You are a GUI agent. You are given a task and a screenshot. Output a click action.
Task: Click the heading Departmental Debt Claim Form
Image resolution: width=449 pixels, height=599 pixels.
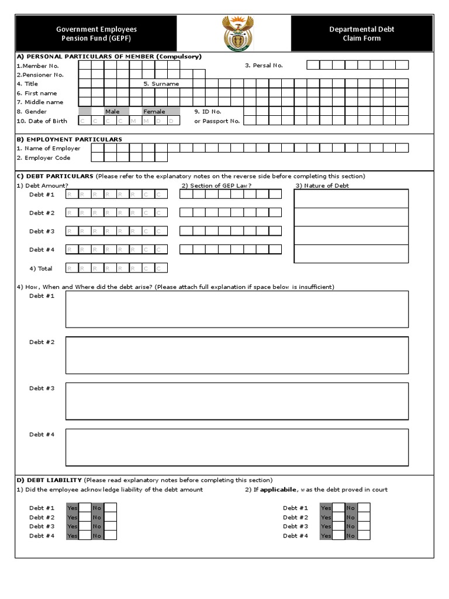tap(362, 33)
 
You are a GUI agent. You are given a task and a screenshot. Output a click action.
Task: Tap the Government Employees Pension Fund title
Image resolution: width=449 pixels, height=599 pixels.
tap(96, 33)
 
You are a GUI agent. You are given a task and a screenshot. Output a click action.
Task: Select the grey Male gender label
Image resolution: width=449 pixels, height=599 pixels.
tap(112, 112)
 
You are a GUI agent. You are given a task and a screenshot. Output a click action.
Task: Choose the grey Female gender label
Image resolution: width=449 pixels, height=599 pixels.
tap(154, 112)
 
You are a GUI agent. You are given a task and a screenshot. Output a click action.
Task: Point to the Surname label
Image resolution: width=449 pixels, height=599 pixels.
tap(161, 84)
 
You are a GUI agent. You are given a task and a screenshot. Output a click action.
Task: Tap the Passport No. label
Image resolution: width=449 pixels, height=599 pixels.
tap(217, 121)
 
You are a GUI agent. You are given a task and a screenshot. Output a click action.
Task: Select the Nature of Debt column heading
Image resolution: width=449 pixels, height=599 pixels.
tap(322, 185)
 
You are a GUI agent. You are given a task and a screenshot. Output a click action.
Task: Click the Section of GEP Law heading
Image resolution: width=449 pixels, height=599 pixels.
tap(216, 185)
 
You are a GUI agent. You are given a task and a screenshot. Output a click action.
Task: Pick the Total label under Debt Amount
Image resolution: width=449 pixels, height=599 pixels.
tap(41, 268)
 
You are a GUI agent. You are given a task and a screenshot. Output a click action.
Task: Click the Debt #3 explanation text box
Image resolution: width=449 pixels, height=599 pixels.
tap(237, 401)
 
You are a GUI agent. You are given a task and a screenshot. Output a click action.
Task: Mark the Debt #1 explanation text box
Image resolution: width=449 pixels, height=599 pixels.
tap(237, 309)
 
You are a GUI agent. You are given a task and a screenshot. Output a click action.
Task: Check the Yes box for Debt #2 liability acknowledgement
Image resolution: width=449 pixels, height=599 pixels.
tap(85, 517)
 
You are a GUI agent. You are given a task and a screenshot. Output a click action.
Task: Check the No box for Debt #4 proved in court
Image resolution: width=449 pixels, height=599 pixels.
tap(364, 536)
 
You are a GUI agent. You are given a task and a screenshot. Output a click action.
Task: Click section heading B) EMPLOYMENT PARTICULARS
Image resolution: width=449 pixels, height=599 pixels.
tap(70, 139)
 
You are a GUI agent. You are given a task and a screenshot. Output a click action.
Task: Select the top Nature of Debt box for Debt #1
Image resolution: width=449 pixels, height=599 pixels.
tap(351, 198)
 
